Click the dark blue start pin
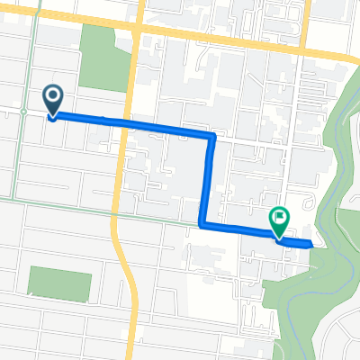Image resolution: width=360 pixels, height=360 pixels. [52, 99]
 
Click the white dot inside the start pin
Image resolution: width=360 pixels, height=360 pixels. [52, 96]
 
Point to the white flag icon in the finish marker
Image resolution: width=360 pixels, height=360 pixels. [280, 216]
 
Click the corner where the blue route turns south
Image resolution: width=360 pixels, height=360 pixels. [211, 137]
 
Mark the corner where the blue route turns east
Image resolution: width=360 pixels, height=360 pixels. [202, 225]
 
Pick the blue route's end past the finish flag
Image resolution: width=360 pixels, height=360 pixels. [311, 244]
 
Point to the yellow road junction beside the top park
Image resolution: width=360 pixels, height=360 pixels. [135, 27]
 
